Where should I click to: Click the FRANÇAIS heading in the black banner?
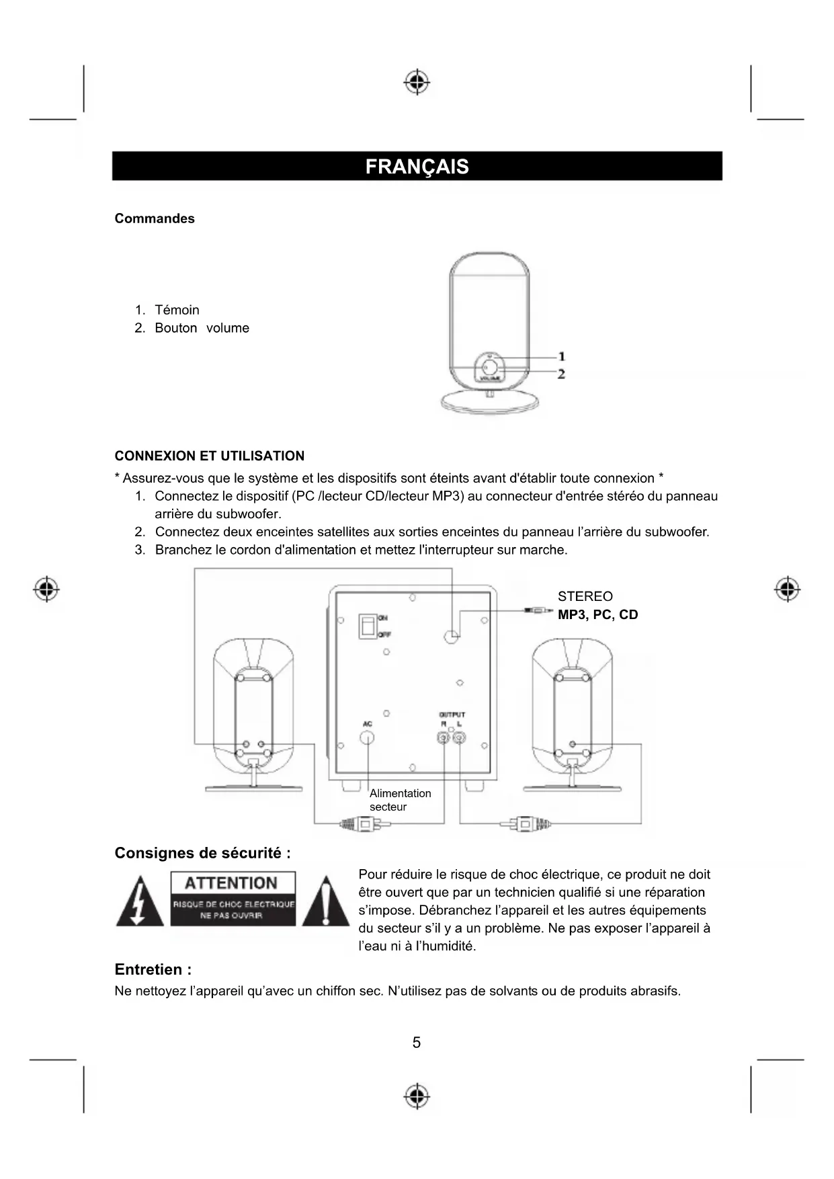(x=417, y=167)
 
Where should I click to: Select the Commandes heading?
(x=155, y=218)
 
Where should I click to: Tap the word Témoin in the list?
(x=177, y=310)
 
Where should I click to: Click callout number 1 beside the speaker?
(x=562, y=356)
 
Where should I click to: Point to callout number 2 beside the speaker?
(x=562, y=374)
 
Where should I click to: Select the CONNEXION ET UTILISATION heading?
(x=209, y=456)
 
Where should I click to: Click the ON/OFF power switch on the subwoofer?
(x=367, y=626)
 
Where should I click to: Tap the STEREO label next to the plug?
(x=585, y=596)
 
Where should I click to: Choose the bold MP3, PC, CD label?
(x=597, y=614)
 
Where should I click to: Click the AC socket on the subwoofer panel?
(x=368, y=737)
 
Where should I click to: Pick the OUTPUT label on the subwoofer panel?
(x=452, y=715)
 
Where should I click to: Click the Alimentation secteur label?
(x=400, y=800)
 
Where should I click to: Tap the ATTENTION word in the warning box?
(x=231, y=883)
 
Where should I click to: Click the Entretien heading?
(x=153, y=969)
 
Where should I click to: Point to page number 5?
(x=417, y=1043)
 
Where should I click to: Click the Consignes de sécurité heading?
(x=202, y=853)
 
